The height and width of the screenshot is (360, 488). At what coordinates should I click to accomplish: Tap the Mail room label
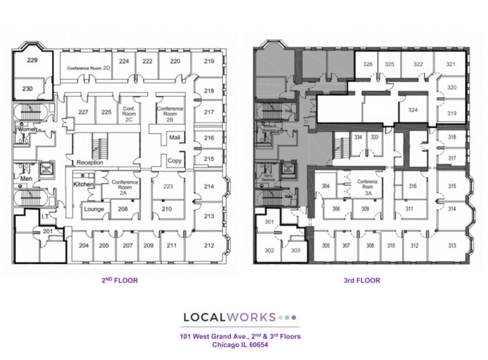[x=174, y=137]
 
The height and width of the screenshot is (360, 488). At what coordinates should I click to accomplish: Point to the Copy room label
[x=174, y=161]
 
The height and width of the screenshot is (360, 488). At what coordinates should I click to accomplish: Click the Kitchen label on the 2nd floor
[x=83, y=184]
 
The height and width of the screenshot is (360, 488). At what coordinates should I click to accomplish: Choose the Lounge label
[x=94, y=209]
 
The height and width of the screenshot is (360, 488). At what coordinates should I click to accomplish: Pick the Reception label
[x=90, y=163]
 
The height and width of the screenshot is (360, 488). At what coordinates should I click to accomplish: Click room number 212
[x=208, y=246]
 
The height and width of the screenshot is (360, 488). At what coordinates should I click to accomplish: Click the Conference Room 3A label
[x=367, y=185]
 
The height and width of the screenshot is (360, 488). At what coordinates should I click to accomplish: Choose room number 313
[x=452, y=246]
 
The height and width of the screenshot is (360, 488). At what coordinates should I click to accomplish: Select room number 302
[x=269, y=250]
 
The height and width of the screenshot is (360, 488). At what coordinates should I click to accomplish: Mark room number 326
[x=367, y=64]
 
